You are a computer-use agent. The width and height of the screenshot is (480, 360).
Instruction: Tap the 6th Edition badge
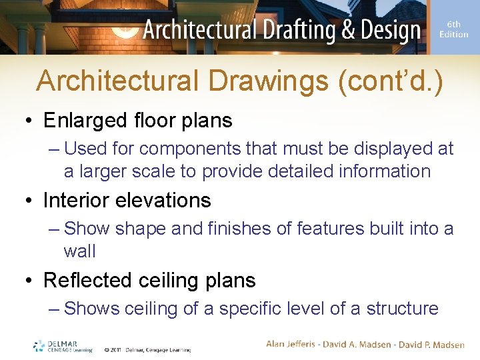[x=453, y=30]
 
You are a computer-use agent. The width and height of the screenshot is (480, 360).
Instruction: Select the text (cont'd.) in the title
[x=391, y=81]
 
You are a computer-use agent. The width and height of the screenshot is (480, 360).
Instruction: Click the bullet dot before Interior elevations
[x=31, y=201]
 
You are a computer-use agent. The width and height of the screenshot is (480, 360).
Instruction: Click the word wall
[x=79, y=251]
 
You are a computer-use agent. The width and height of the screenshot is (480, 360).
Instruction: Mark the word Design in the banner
[x=386, y=30]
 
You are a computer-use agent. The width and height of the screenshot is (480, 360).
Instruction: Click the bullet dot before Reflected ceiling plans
[x=31, y=281]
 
